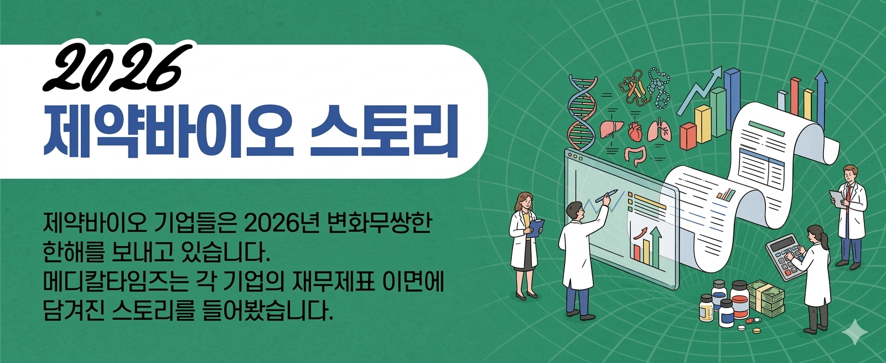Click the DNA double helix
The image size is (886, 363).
pos(582,112)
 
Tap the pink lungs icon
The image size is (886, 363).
pos(659,131)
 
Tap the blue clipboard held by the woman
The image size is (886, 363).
pos(536,229)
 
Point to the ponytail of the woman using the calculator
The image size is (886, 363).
pos(825,240)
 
